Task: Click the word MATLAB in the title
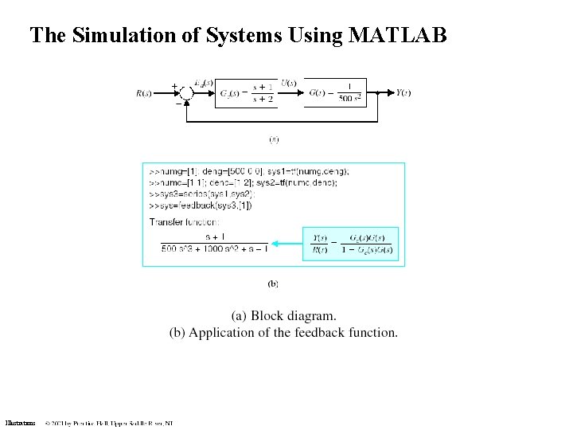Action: tap(397, 35)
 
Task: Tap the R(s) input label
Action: tap(144, 93)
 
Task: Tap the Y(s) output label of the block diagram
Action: tap(403, 93)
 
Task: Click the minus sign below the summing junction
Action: tap(178, 102)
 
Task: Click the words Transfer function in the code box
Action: tap(185, 221)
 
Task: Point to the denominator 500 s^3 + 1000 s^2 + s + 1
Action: tap(214, 249)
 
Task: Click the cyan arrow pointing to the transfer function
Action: tap(286, 243)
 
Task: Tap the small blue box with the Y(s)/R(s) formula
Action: tap(351, 244)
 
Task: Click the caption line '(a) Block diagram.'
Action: tap(283, 316)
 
